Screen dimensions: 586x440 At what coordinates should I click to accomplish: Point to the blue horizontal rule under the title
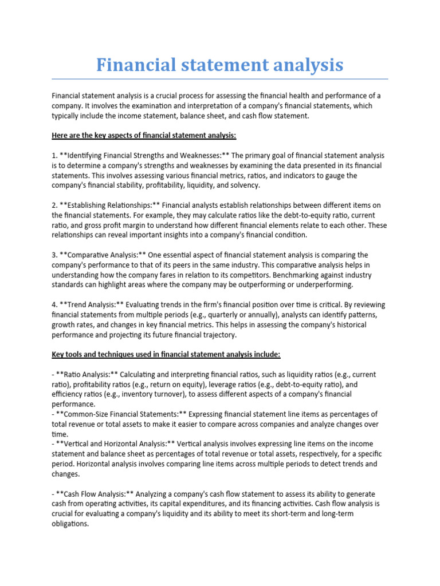pyautogui.click(x=220, y=79)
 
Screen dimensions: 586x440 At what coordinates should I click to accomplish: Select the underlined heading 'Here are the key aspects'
pyautogui.click(x=144, y=135)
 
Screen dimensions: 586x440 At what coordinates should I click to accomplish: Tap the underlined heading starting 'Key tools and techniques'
pyautogui.click(x=166, y=355)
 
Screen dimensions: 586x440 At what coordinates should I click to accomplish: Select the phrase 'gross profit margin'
pyautogui.click(x=115, y=225)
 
